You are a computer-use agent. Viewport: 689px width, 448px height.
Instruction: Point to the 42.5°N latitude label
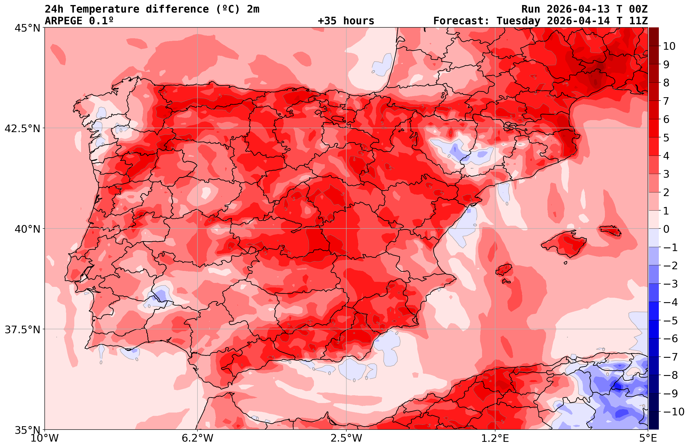pyautogui.click(x=22, y=128)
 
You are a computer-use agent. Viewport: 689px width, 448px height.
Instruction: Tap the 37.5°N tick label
pyautogui.click(x=22, y=330)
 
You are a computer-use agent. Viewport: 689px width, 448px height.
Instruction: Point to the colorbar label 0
pyautogui.click(x=666, y=229)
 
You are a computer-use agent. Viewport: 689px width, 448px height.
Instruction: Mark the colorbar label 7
pyautogui.click(x=666, y=101)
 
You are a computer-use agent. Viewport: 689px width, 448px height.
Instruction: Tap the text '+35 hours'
pyautogui.click(x=346, y=21)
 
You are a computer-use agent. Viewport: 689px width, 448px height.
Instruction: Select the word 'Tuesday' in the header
pyautogui.click(x=518, y=21)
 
